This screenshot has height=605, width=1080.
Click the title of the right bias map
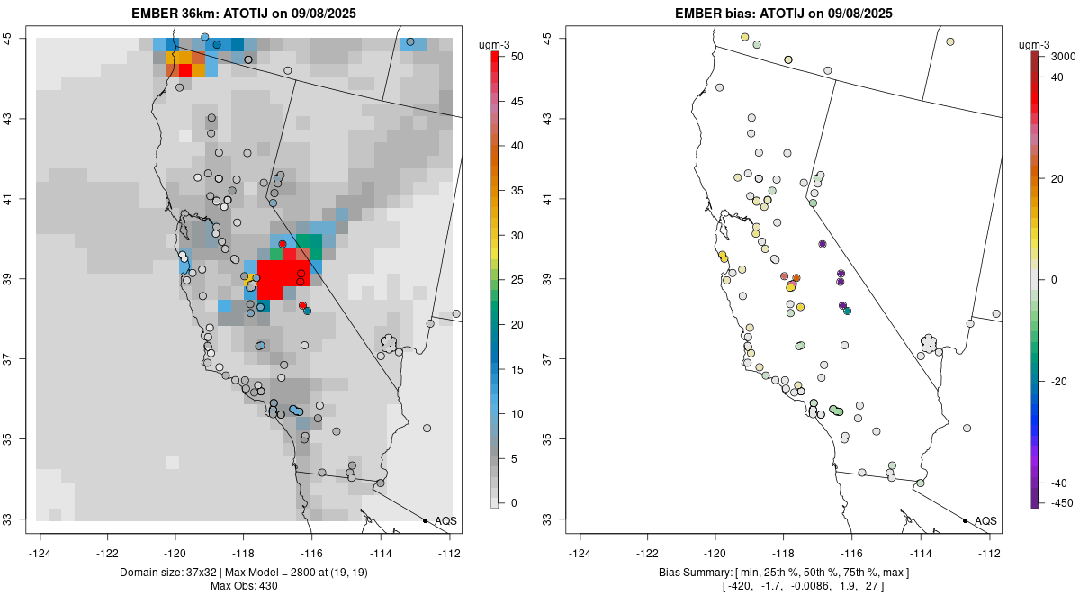[784, 14]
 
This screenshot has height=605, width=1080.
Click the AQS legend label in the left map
[445, 521]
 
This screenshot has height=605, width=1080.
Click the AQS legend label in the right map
[985, 521]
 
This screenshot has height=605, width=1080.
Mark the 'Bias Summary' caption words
[693, 573]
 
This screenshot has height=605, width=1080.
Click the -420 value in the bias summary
[740, 587]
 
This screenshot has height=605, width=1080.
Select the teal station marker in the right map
[847, 311]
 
